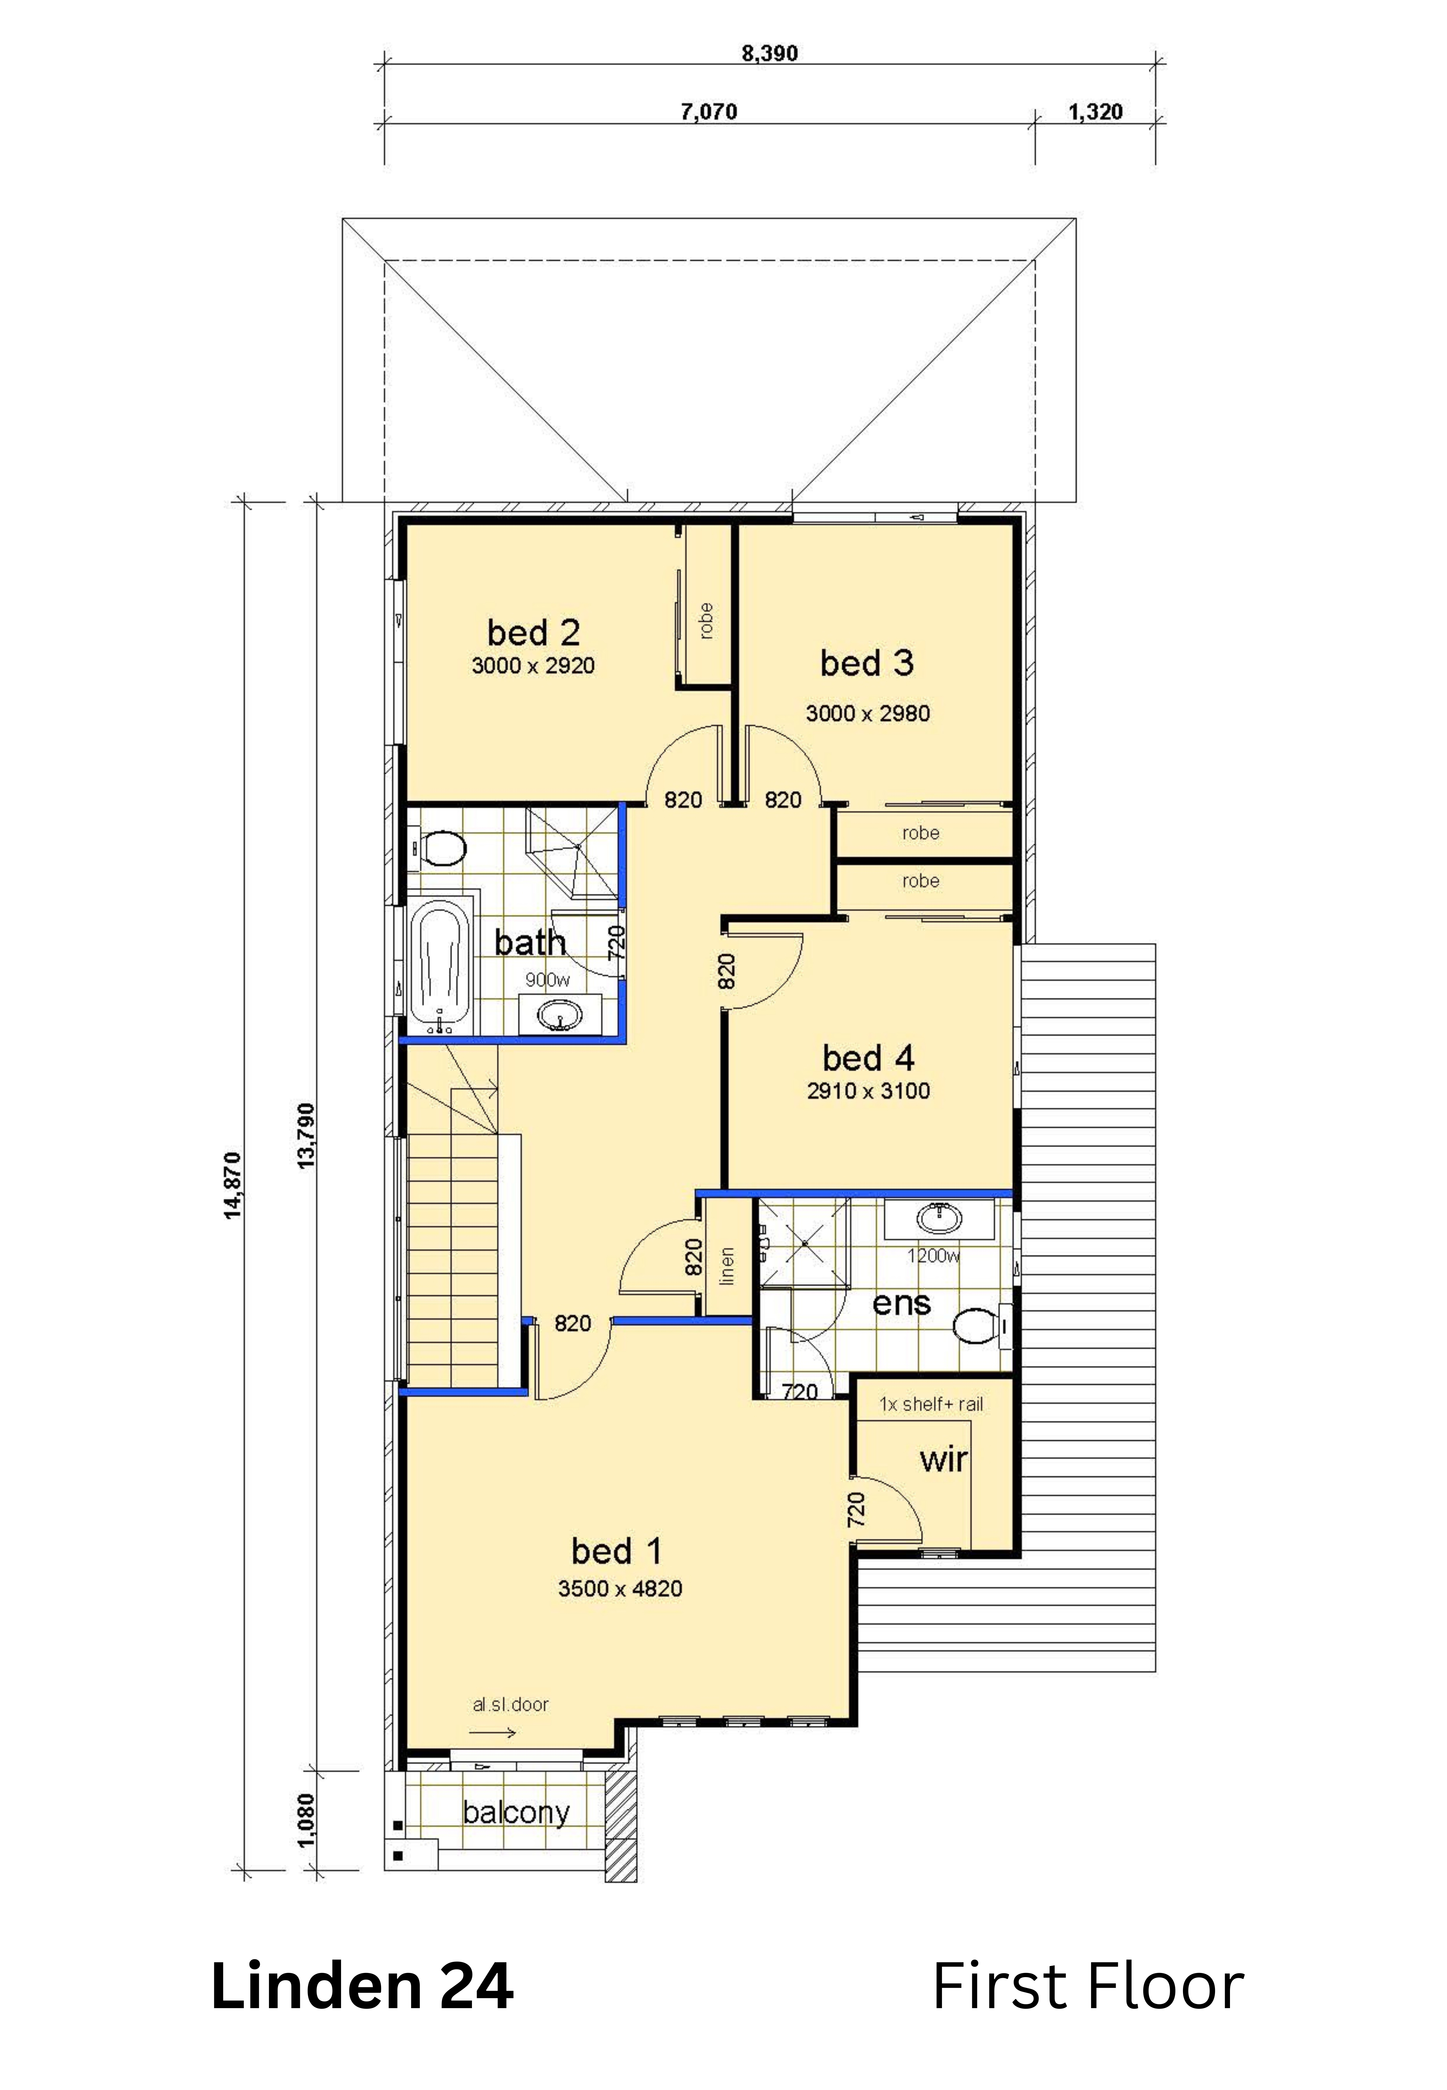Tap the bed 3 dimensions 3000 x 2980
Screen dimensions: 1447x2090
pyautogui.click(x=868, y=714)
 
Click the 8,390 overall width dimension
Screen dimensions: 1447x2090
pyautogui.click(x=770, y=54)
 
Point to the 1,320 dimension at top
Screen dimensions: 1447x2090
pyautogui.click(x=1095, y=113)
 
